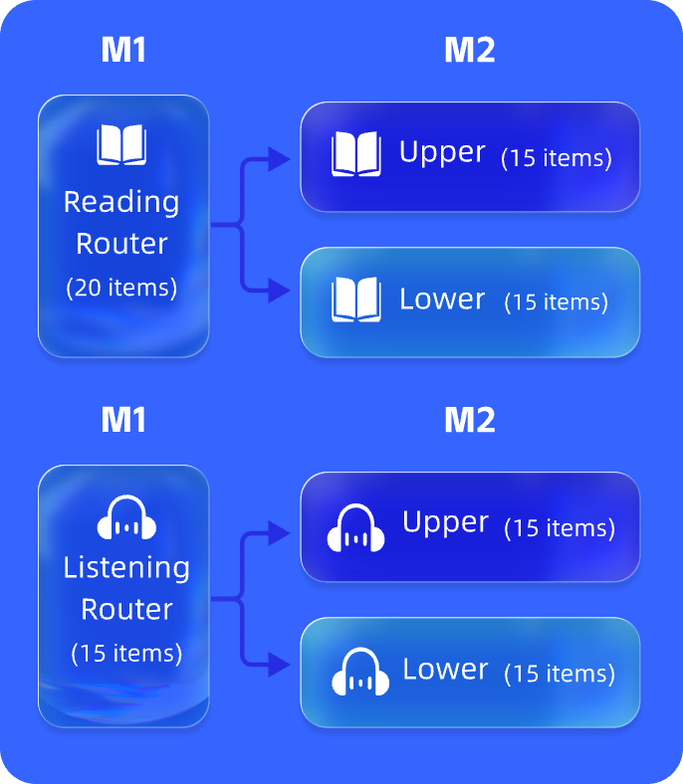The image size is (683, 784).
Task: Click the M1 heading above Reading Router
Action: [x=123, y=50]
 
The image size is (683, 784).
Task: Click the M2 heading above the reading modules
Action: [x=469, y=50]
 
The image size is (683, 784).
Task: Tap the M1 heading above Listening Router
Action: [x=123, y=420]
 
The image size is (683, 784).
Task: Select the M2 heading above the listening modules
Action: [x=469, y=420]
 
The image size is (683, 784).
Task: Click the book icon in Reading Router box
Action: [x=121, y=145]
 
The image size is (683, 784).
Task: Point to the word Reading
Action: [x=121, y=202]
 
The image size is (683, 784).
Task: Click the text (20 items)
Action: [x=121, y=288]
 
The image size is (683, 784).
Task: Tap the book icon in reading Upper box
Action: [x=355, y=154]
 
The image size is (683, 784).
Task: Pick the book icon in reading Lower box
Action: [x=355, y=299]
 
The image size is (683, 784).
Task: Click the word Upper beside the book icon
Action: [x=442, y=152]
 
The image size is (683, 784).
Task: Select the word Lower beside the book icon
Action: [x=442, y=298]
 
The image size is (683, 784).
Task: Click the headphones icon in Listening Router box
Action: [x=126, y=517]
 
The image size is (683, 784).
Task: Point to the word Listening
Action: [x=126, y=567]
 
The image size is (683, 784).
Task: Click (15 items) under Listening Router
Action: [x=126, y=654]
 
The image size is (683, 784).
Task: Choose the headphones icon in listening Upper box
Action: [x=356, y=528]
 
